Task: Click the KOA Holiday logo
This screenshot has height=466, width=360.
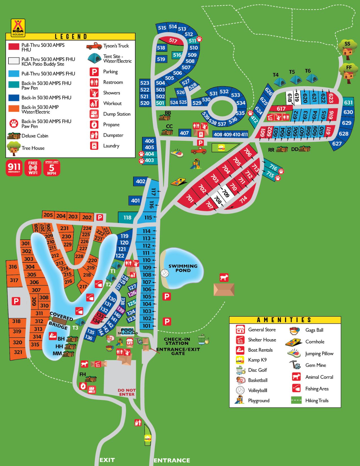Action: (x=18, y=27)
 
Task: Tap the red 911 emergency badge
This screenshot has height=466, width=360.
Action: (x=14, y=168)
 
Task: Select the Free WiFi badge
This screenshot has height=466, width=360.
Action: (x=33, y=168)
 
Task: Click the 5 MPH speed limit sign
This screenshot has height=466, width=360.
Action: (x=52, y=168)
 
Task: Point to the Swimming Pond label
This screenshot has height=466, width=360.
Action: (x=183, y=268)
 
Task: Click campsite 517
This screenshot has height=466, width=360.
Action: (x=173, y=40)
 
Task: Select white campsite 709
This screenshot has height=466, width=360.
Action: (x=225, y=193)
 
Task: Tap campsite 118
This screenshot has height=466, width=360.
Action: (x=127, y=217)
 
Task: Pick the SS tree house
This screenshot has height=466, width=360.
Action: (x=347, y=49)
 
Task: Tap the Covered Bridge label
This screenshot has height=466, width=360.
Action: (x=60, y=321)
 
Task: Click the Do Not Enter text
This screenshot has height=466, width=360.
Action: (x=127, y=392)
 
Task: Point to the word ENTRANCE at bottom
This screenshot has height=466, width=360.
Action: (x=172, y=460)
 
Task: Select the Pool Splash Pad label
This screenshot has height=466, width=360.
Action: (x=128, y=331)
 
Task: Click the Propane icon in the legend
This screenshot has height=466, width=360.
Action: (x=94, y=125)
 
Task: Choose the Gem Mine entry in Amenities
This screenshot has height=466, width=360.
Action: (x=315, y=365)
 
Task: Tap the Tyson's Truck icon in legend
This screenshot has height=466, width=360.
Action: (x=94, y=45)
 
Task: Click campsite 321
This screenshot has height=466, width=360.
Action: (x=18, y=352)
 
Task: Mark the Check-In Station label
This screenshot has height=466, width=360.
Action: (x=177, y=341)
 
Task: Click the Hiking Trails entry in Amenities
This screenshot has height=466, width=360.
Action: (x=317, y=400)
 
